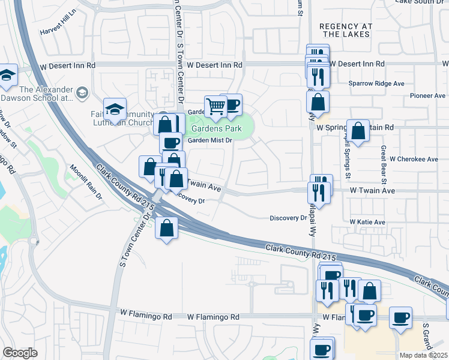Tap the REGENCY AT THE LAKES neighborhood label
click(x=346, y=31)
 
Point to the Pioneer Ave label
click(x=427, y=95)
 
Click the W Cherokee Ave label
click(x=414, y=159)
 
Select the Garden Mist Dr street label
click(x=209, y=141)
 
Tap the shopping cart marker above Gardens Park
click(x=215, y=106)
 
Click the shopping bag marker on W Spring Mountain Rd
click(x=358, y=130)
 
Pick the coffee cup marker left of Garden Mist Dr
click(x=171, y=143)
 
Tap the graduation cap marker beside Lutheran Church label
click(x=115, y=109)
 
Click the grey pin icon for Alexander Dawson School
click(x=82, y=92)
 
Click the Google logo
click(x=20, y=353)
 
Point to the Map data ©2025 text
click(x=424, y=355)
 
